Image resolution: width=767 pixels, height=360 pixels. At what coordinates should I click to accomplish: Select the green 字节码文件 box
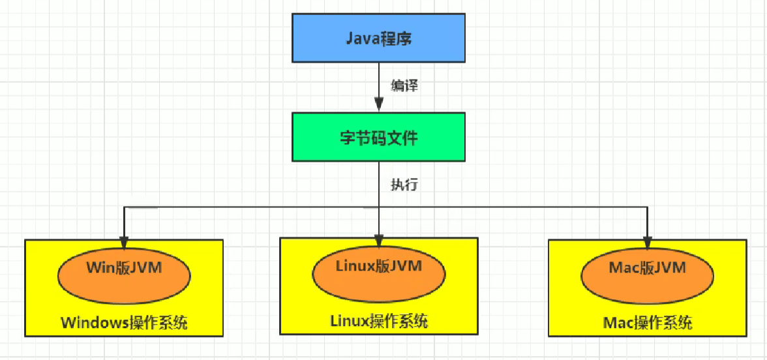point(378,137)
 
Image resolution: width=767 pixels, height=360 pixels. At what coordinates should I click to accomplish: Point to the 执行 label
point(404,185)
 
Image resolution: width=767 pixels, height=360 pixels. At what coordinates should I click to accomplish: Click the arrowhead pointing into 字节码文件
point(378,104)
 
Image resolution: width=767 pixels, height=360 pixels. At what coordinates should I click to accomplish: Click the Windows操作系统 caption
point(124,323)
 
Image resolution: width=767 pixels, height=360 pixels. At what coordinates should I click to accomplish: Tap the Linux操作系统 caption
point(378,321)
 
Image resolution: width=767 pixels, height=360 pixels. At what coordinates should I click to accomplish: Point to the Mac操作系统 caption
point(647,323)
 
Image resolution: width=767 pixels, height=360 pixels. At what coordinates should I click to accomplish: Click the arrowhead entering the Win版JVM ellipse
point(124,240)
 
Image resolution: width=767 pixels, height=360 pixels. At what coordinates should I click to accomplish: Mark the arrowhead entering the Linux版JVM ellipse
point(379,239)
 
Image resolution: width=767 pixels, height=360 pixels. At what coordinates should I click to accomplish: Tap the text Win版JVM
point(124,267)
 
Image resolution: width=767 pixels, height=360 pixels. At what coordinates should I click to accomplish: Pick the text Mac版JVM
point(647,267)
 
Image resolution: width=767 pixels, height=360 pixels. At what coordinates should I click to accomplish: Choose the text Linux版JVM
point(378,265)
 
